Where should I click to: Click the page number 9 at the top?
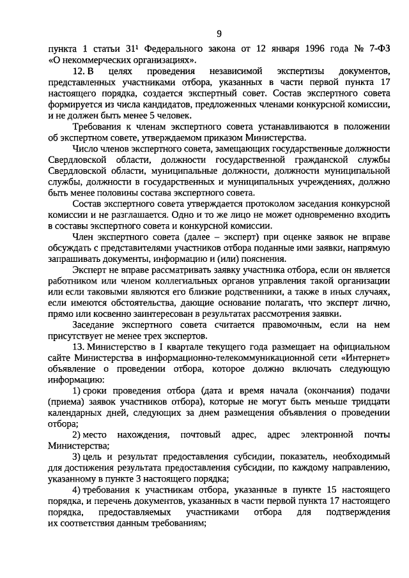click(219, 33)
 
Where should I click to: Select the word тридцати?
click(368, 402)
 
